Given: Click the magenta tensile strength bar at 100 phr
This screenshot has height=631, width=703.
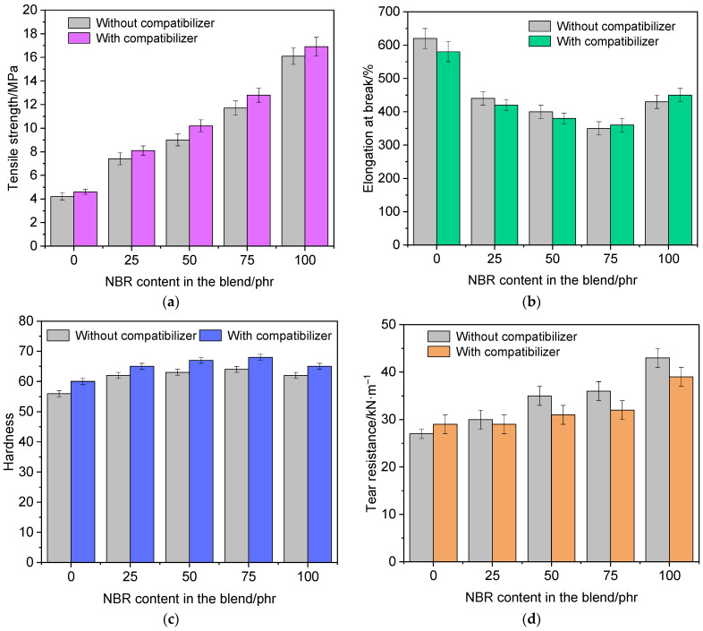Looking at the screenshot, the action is coord(316,146).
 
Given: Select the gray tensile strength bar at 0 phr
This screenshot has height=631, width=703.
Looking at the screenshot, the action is coord(62,221).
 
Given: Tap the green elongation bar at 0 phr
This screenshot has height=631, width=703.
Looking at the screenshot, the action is coord(448,148).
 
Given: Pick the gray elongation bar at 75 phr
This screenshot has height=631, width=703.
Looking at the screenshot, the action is coord(598,186).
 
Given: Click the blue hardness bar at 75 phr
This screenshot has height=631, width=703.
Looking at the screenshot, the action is coord(260,459).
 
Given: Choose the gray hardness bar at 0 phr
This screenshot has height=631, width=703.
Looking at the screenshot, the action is coord(59,478).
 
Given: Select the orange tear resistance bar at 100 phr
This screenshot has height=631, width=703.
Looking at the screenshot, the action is coord(681,469).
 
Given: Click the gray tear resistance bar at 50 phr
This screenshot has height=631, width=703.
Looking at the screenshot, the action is coord(539,479).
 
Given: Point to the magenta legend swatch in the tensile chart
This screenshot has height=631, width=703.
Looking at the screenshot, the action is coord(79,38).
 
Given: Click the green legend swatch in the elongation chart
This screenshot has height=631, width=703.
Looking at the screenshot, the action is coord(539,41).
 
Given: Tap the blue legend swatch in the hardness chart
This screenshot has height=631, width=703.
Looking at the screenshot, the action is coord(210,336).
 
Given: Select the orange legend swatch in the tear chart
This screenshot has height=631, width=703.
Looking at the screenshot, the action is coord(438,352).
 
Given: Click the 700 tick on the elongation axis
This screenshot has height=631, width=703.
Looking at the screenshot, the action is coord(389,12).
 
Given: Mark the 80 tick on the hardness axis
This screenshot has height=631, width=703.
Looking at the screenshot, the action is coord(27,321).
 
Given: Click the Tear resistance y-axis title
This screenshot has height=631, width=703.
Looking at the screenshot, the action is coord(372,442).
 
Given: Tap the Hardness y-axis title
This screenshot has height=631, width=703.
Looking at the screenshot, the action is coord(9,441).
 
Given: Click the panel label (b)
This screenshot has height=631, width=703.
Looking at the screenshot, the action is coord(532,302).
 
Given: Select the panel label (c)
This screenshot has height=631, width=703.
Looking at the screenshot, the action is coord(170,619).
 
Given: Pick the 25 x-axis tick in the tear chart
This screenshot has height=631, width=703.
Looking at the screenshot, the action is coord(492,576).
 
